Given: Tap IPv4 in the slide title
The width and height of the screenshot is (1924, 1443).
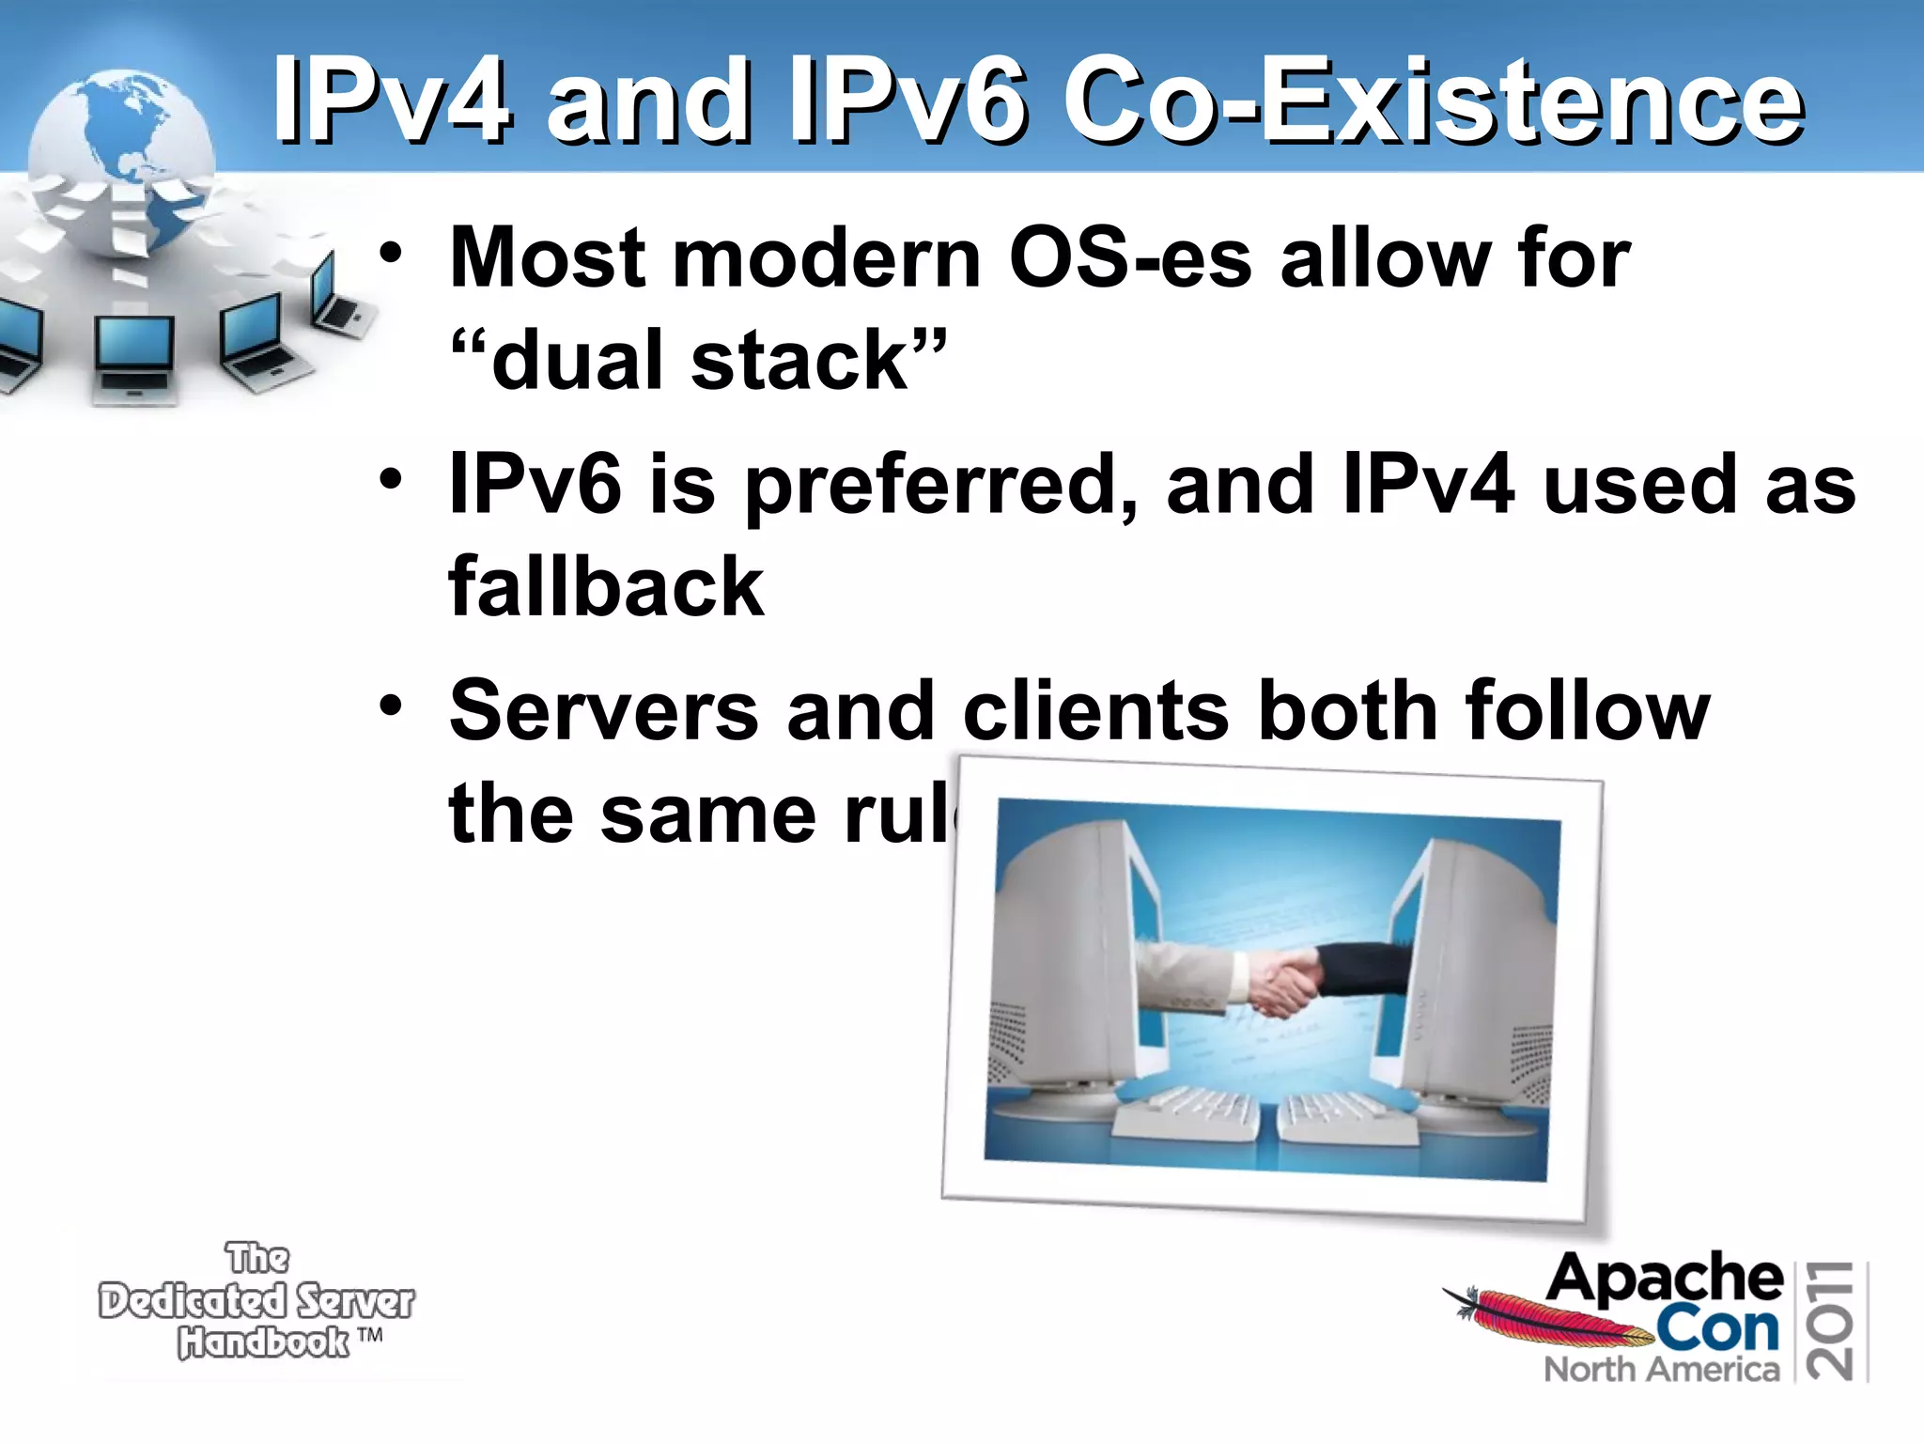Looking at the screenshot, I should coord(393,101).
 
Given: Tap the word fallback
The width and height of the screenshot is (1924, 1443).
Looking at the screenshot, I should coord(606,587).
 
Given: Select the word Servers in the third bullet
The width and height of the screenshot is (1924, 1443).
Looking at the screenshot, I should coord(603,711).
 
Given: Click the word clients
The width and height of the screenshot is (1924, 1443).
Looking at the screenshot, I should coord(1095,711).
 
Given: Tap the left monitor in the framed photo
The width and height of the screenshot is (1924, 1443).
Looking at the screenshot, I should coord(1071,968).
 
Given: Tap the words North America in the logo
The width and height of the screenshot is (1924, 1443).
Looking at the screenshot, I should coord(1661,1369).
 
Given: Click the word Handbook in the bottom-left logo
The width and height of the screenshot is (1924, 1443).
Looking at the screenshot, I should coord(263,1342).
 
